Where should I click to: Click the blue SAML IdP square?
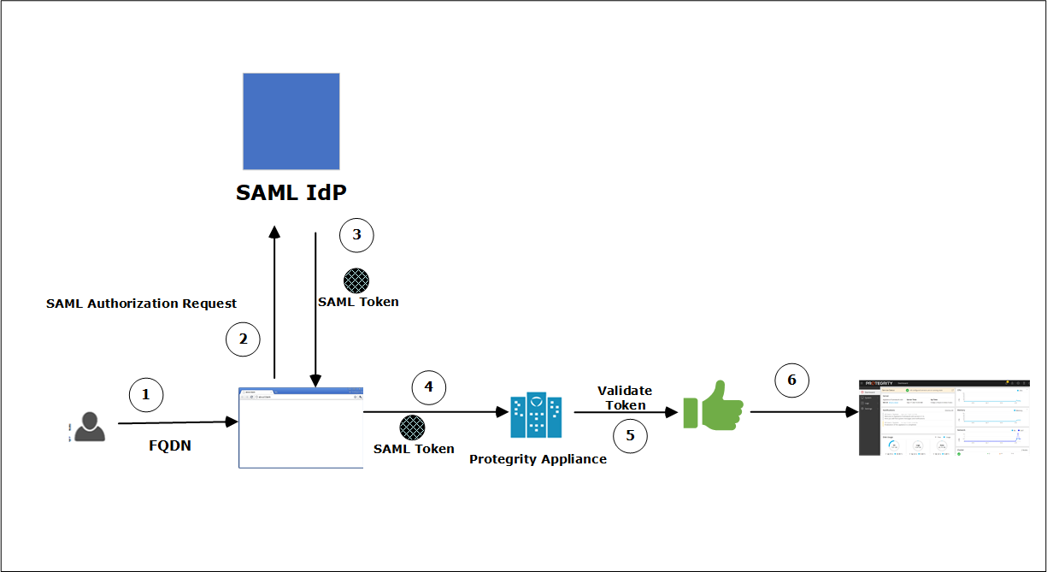[291, 121]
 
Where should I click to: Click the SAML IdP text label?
[291, 192]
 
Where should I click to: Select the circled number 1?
[145, 395]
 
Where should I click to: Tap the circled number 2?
[243, 339]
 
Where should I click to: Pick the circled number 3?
[356, 235]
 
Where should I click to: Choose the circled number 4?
[428, 387]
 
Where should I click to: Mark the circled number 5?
[630, 435]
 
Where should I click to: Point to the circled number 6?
[791, 380]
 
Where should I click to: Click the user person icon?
[89, 426]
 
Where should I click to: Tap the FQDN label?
[170, 445]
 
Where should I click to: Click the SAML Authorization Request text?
[141, 304]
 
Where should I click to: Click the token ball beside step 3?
[356, 281]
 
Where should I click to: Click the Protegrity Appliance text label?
[538, 459]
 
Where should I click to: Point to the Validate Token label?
[625, 398]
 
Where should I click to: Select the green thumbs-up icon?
[713, 405]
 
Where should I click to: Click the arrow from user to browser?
[177, 422]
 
